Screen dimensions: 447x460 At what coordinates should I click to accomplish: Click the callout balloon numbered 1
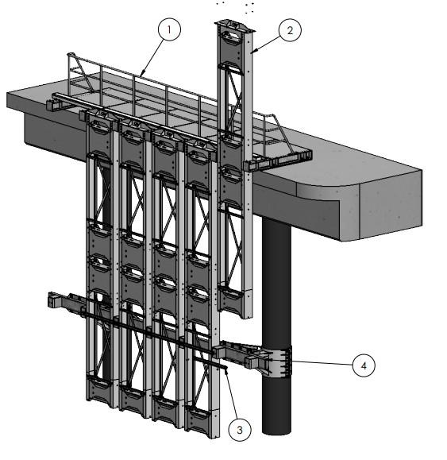(x=169, y=29)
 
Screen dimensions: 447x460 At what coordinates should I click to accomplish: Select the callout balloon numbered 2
(x=290, y=30)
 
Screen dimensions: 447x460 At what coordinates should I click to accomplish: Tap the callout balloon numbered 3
(x=240, y=430)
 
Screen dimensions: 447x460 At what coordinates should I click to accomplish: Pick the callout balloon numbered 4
(x=364, y=365)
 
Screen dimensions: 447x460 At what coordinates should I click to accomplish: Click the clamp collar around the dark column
(x=277, y=361)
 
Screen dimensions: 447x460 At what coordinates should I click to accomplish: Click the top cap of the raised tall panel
(x=235, y=25)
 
